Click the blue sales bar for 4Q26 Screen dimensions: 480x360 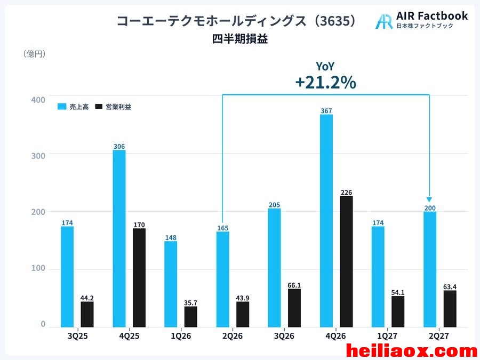pos(326,221)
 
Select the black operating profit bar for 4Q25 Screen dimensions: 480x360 pos(139,278)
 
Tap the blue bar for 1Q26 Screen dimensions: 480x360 pos(171,284)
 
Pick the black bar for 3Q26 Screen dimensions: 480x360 pos(294,308)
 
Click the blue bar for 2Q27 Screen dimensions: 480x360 pos(430,269)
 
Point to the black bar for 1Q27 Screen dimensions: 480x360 pos(398,311)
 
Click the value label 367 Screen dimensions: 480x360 pos(326,111)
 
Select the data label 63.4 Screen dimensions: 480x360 pos(450,287)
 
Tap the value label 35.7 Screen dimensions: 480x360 pos(191,303)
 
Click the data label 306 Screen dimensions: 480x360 pos(119,146)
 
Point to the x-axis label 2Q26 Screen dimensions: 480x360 pos(233,336)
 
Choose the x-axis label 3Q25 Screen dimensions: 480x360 pos(77,336)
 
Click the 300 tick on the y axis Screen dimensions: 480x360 pos(38,156)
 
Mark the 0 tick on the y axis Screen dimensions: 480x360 pos(43,324)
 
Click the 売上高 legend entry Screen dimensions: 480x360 pos(73,107)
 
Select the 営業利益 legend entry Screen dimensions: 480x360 pos(113,107)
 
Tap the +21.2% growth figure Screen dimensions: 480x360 pos(326,82)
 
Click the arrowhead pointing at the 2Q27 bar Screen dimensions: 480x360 pos(429,199)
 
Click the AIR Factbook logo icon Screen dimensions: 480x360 pos(384,21)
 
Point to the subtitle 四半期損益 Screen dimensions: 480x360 pos(240,39)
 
